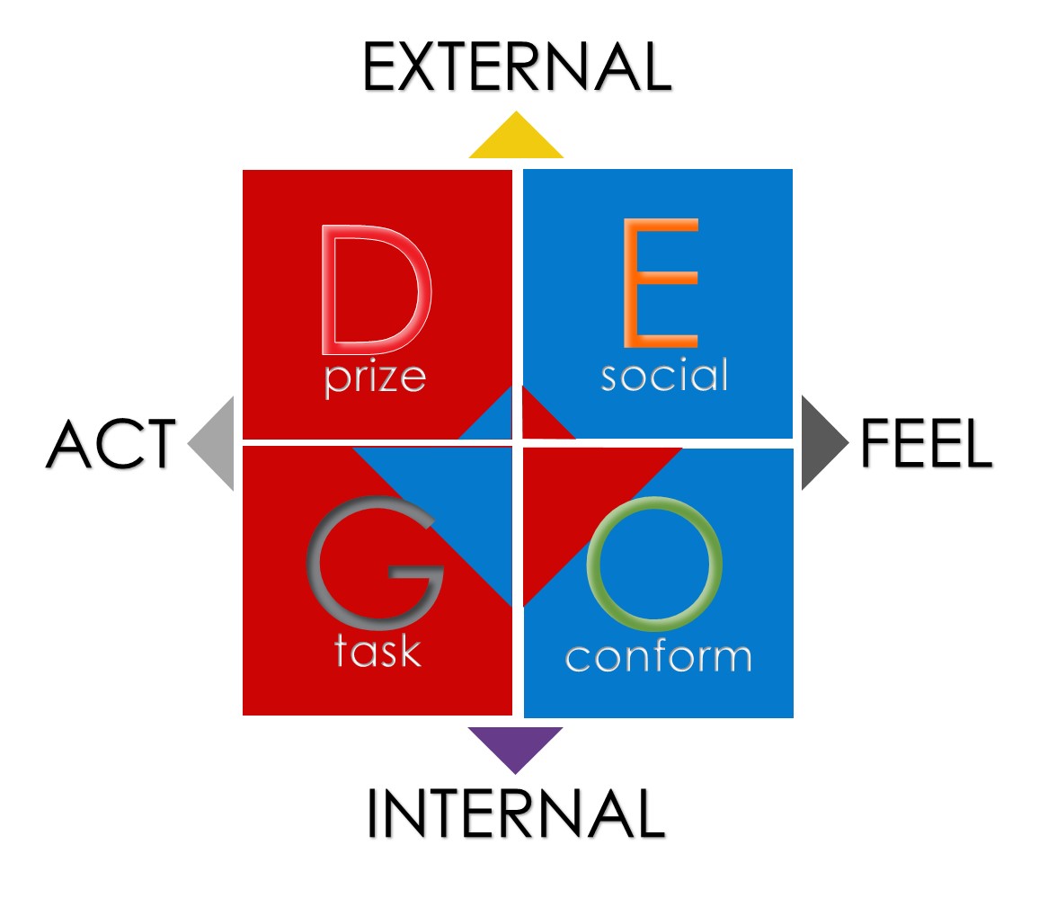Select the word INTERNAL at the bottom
515,814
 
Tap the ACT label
111,444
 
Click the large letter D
375,289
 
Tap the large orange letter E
660,284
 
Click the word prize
375,378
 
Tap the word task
377,649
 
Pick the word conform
658,656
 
